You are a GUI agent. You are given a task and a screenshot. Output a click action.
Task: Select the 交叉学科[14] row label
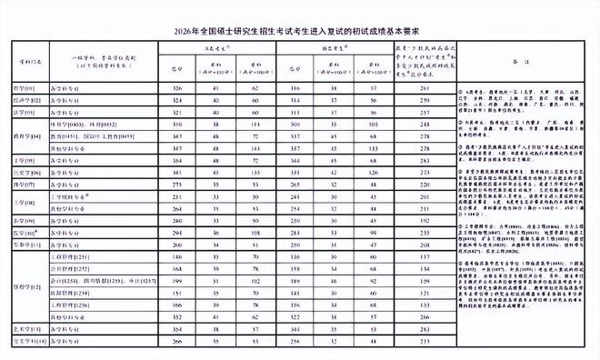click(28, 340)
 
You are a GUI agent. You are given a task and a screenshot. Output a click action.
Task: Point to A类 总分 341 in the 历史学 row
click(177, 172)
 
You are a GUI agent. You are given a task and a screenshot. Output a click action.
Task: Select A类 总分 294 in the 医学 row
click(177, 233)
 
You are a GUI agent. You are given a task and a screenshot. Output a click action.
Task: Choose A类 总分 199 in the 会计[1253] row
click(177, 282)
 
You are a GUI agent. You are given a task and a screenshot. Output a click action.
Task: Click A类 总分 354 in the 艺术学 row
click(177, 328)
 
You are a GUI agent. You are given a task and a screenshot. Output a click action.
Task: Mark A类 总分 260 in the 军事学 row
click(177, 245)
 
